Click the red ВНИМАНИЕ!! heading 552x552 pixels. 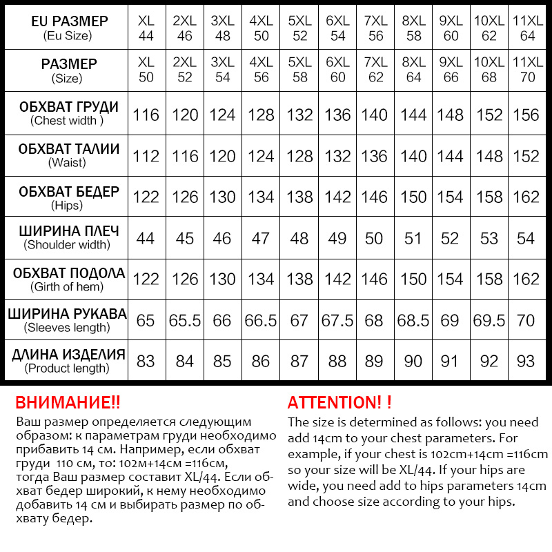tap(68, 402)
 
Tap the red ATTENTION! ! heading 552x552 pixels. tap(339, 402)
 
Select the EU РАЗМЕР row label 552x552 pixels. tap(67, 28)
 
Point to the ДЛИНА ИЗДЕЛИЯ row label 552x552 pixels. tap(67, 361)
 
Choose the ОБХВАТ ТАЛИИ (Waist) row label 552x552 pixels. tap(67, 155)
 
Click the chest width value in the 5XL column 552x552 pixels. tap(299, 115)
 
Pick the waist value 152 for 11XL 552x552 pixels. tap(526, 156)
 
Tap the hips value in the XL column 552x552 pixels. tap(146, 197)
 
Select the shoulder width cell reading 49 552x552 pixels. tap(337, 238)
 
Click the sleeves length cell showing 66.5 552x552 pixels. tap(262, 321)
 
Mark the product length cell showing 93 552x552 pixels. tap(526, 361)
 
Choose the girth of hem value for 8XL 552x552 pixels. tap(413, 279)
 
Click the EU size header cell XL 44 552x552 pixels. tap(146, 28)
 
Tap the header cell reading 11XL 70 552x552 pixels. tap(526, 70)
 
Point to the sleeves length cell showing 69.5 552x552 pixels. tap(489, 321)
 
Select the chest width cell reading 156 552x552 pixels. tap(526, 115)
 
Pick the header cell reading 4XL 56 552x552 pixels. tap(262, 70)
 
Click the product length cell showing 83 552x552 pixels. tap(146, 361)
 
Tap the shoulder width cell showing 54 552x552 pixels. tap(526, 238)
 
